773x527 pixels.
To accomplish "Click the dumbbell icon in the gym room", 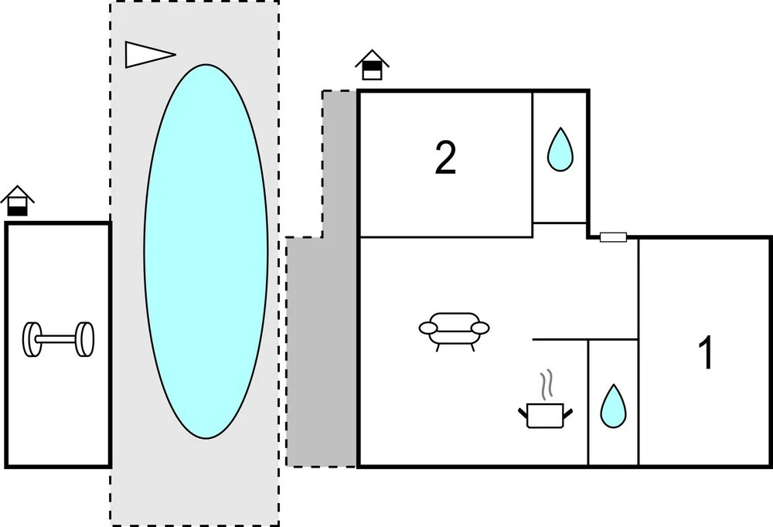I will pos(58,339).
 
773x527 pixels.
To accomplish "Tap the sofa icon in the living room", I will pos(455,329).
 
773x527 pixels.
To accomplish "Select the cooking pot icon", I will pos(547,415).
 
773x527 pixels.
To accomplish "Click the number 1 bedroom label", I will pos(705,353).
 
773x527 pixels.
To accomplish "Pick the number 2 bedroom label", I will pos(445,158).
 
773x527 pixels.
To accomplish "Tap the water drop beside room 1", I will pos(613,406).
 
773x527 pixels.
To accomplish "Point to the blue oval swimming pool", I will pos(206,251).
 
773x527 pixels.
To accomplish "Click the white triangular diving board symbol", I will pos(147,53).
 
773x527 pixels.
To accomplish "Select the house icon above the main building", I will pos(372,65).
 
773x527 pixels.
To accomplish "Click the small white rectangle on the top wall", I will pos(613,237).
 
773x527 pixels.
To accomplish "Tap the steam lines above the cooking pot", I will pos(547,384).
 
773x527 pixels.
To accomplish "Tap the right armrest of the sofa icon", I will pos(480,328).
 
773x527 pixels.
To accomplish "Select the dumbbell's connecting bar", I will pos(58,339).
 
